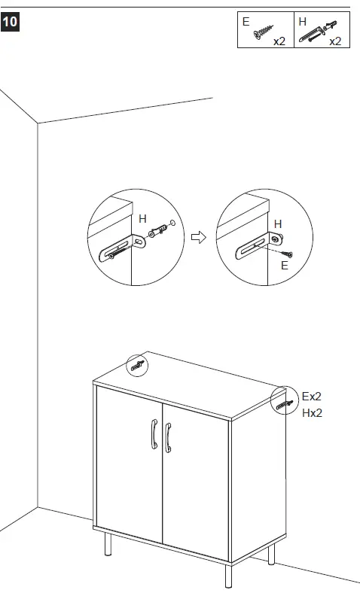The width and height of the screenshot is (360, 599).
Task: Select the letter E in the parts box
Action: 246,23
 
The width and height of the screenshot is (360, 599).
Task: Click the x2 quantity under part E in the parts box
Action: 279,41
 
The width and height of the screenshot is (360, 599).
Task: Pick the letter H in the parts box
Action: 302,23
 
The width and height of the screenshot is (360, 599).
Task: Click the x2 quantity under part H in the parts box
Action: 335,41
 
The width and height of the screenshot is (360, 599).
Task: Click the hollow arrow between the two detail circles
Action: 198,238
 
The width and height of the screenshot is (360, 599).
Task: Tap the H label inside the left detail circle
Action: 142,218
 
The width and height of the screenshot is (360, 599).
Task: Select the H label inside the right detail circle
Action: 277,223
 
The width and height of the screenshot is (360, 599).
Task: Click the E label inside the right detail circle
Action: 284,265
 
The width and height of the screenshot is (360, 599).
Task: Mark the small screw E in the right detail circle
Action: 287,254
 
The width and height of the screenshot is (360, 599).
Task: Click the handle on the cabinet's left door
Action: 153,436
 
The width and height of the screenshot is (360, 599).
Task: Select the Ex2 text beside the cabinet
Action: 312,396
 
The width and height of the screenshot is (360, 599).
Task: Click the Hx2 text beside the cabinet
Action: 312,413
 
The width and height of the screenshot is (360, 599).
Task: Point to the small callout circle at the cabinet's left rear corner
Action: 137,366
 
